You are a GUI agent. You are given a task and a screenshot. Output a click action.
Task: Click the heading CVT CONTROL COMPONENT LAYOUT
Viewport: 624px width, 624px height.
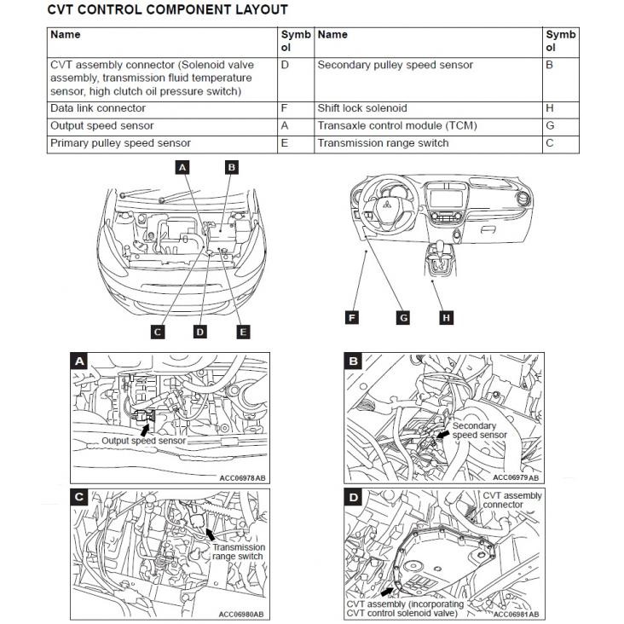pos(166,10)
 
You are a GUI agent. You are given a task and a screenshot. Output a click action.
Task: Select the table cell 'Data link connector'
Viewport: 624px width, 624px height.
pos(98,108)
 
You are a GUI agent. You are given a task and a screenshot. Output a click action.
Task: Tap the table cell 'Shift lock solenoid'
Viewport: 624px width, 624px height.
pos(362,108)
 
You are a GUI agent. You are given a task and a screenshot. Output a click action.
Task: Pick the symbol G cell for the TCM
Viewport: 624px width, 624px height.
pos(550,125)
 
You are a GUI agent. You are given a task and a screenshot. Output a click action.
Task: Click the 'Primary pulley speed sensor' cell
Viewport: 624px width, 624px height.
pos(120,143)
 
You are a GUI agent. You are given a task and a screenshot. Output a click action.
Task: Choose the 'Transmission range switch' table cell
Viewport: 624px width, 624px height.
pos(383,143)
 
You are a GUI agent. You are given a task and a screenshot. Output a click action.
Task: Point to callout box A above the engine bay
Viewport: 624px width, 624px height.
pos(182,168)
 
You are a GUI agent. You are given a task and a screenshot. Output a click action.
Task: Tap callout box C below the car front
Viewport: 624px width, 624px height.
pos(157,332)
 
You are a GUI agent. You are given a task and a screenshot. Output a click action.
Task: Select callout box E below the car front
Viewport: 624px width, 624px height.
pos(244,332)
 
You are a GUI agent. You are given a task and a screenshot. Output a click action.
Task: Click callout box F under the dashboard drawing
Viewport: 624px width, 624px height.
pos(351,318)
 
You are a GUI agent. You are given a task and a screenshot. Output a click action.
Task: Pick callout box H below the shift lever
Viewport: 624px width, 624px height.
pos(446,318)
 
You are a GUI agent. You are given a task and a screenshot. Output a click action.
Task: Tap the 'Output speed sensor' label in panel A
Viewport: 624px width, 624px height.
pos(142,441)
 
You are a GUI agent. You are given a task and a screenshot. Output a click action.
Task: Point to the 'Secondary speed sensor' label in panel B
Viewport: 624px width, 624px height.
pos(479,430)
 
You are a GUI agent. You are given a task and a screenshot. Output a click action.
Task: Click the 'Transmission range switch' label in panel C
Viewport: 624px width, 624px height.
pos(238,552)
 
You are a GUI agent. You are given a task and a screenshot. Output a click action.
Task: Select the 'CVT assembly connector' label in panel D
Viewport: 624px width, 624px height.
pos(512,500)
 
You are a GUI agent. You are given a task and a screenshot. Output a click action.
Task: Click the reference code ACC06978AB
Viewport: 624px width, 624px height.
pos(242,477)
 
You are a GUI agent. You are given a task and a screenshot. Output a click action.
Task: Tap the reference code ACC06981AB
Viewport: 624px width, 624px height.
pos(517,614)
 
